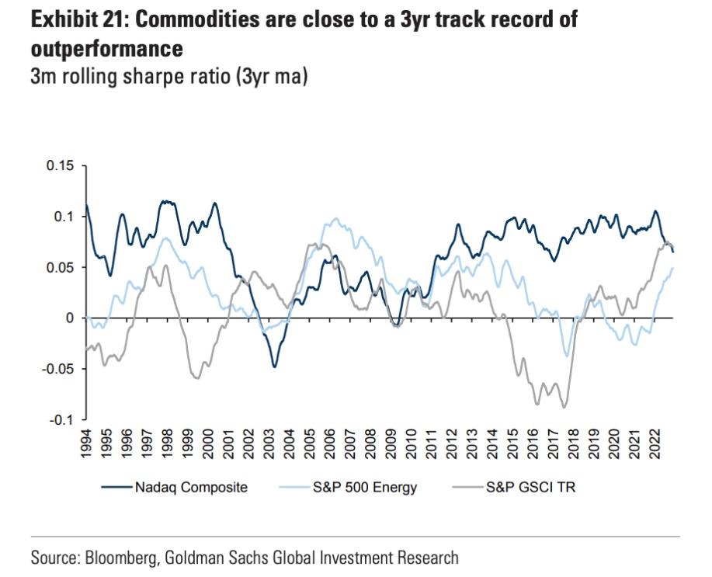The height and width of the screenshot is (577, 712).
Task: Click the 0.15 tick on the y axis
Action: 61,165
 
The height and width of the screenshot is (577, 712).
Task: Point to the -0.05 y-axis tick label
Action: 57,369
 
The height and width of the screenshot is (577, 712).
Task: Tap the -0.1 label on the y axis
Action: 61,420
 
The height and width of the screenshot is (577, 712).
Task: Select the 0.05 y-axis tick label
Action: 61,267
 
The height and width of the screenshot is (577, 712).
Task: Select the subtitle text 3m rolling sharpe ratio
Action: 132,78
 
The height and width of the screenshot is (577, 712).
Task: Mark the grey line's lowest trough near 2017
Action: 564,407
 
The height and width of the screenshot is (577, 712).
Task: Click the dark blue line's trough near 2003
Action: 274,367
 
